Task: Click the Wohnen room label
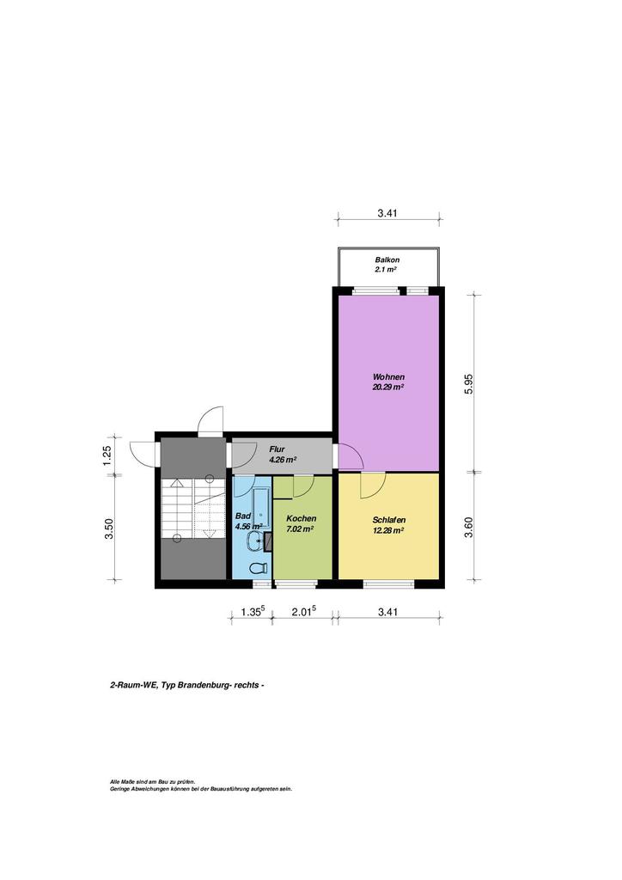click(388, 376)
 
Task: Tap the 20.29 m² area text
click(388, 387)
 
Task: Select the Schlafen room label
click(388, 520)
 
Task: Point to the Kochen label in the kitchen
click(302, 518)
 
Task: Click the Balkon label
click(387, 260)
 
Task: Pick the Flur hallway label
click(277, 449)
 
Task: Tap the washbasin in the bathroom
click(253, 541)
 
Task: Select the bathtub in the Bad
click(261, 508)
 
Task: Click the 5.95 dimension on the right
click(469, 384)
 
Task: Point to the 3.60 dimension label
click(469, 528)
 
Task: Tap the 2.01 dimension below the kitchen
click(304, 612)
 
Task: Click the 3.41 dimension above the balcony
click(387, 213)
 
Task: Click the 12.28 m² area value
click(388, 529)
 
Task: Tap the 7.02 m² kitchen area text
click(300, 529)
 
